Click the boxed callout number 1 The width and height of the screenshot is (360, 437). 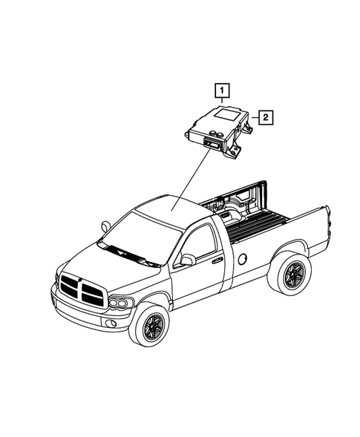click(221, 93)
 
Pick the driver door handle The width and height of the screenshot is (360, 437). click(217, 260)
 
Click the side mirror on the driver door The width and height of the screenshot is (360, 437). click(188, 260)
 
